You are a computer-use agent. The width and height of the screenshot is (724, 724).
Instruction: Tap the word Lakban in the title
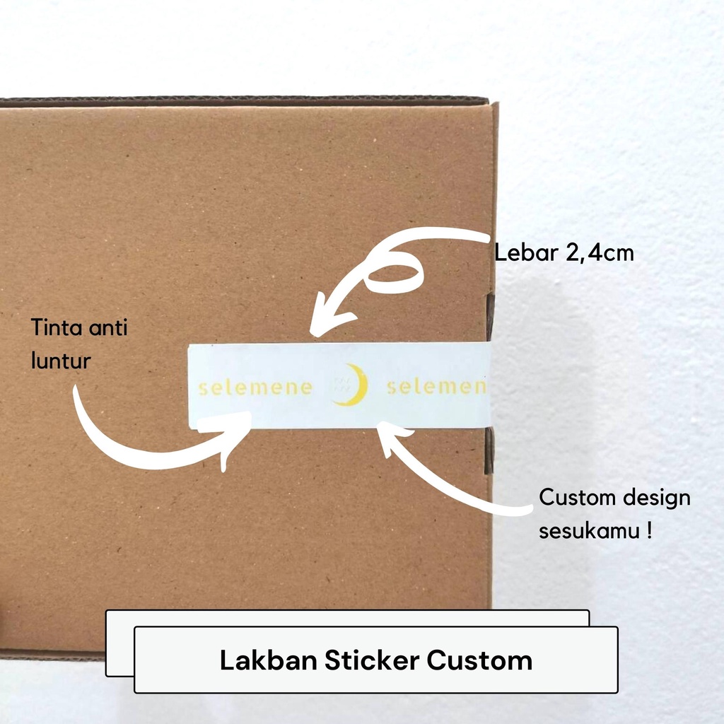click(x=268, y=660)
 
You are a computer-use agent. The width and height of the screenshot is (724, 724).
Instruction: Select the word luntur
click(x=61, y=361)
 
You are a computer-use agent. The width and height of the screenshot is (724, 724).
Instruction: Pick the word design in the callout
click(x=657, y=498)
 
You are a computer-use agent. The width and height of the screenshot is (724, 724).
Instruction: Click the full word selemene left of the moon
click(x=255, y=387)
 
